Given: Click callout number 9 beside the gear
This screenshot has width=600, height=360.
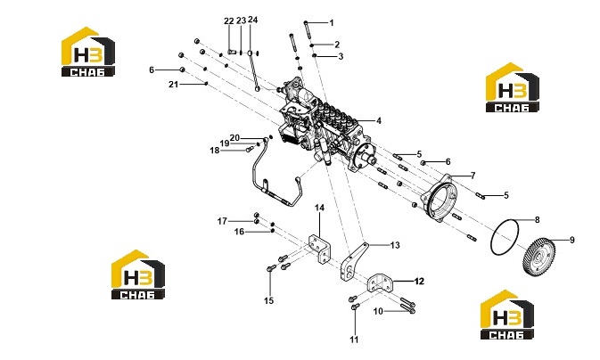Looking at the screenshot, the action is [x=572, y=241].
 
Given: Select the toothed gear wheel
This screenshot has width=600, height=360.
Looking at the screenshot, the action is [x=538, y=256].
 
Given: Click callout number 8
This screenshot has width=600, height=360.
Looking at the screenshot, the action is [x=538, y=220].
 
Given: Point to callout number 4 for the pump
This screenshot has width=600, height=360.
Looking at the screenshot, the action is [x=378, y=121].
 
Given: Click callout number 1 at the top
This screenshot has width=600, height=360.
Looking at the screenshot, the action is [x=332, y=23].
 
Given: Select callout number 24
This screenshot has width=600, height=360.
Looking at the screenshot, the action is [x=253, y=20].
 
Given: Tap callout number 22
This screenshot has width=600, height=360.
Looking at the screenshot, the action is [x=229, y=21].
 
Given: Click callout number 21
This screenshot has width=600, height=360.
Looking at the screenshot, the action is [x=173, y=84].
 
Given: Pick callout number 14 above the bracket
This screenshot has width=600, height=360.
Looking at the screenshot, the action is [x=319, y=208].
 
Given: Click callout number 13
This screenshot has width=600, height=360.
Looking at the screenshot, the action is [x=395, y=245].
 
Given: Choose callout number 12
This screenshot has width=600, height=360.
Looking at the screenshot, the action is [x=419, y=282].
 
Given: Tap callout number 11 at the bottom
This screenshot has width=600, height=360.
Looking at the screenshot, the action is [x=354, y=340].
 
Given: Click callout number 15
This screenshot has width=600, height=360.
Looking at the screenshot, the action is [x=269, y=300].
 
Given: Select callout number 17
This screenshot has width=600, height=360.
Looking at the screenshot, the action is [x=222, y=221].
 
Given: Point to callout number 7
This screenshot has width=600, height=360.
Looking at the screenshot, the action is [x=473, y=176].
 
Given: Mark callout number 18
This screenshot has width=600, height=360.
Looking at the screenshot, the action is [x=215, y=151].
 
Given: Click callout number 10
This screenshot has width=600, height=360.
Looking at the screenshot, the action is [x=378, y=311].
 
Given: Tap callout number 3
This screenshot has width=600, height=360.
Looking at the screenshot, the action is [x=341, y=57].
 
